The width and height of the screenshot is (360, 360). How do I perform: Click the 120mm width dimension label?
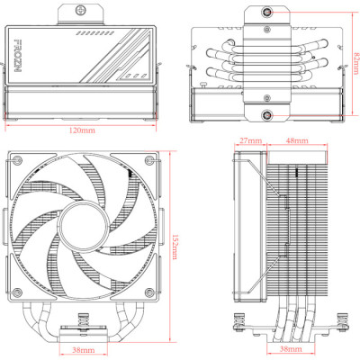[82, 130]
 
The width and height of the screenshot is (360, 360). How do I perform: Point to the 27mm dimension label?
[250, 140]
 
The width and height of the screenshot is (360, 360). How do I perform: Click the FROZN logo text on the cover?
[23, 51]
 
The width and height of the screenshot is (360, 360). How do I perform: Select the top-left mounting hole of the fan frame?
[17, 161]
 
